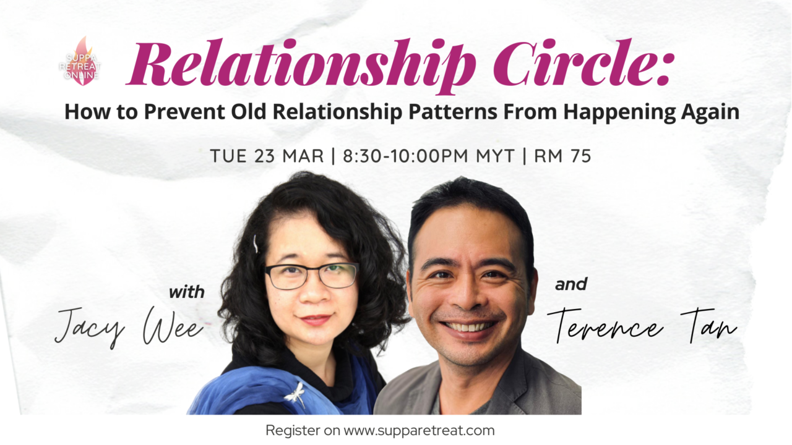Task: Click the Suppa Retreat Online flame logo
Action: (x=80, y=61)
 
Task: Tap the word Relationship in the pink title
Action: (x=301, y=65)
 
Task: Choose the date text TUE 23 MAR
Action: (x=267, y=156)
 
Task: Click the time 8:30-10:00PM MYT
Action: (x=429, y=156)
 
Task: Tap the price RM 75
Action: (x=562, y=156)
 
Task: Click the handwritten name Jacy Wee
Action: (x=129, y=327)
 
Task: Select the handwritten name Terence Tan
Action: (x=642, y=326)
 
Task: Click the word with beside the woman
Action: (x=187, y=292)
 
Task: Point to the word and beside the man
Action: (x=571, y=284)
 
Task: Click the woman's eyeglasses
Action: (x=311, y=276)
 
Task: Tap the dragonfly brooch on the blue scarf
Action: (x=295, y=394)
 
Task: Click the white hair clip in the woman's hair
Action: (x=256, y=244)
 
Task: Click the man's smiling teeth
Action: (x=468, y=326)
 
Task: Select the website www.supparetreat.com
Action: (x=419, y=431)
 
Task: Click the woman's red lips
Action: (x=316, y=320)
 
